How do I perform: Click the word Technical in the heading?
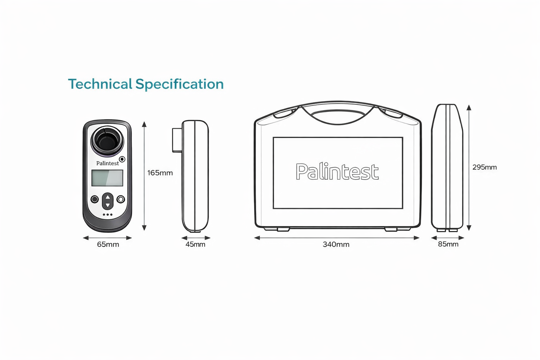click(x=100, y=84)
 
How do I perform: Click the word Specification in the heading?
click(x=179, y=84)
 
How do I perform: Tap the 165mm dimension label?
click(x=160, y=173)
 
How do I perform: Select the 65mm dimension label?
click(x=108, y=244)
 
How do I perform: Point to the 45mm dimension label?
click(x=195, y=244)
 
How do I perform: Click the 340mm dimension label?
click(x=336, y=244)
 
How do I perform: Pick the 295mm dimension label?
click(x=484, y=167)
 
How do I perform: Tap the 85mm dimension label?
click(x=448, y=244)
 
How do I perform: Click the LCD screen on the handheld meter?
click(x=107, y=178)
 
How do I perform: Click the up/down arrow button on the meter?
click(x=108, y=201)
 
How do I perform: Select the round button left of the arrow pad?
click(x=95, y=199)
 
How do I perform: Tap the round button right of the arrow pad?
click(x=121, y=199)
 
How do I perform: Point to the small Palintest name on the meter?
click(x=108, y=163)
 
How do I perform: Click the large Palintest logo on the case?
click(x=337, y=172)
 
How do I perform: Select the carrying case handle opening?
click(x=337, y=116)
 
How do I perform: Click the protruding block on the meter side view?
click(x=177, y=140)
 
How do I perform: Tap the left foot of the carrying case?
click(x=283, y=229)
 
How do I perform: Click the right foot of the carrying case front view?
click(x=391, y=229)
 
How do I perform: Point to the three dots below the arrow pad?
click(x=108, y=214)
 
